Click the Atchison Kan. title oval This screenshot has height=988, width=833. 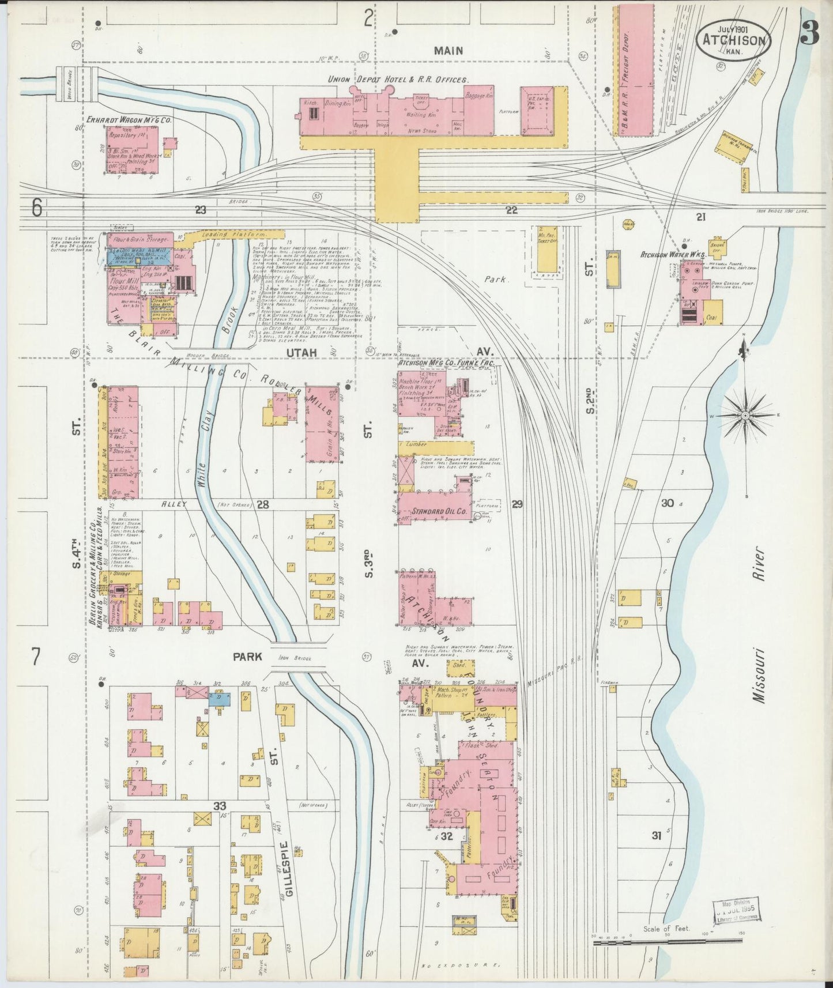coord(734,41)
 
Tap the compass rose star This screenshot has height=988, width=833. coord(745,415)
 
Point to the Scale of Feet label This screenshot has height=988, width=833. coord(668,929)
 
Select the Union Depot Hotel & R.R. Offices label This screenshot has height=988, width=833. coord(398,80)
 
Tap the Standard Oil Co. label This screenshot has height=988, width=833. coord(439,511)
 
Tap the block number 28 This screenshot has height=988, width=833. coord(263,504)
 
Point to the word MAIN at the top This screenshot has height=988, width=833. coord(448,51)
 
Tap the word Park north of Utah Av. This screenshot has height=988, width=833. coord(495,279)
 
